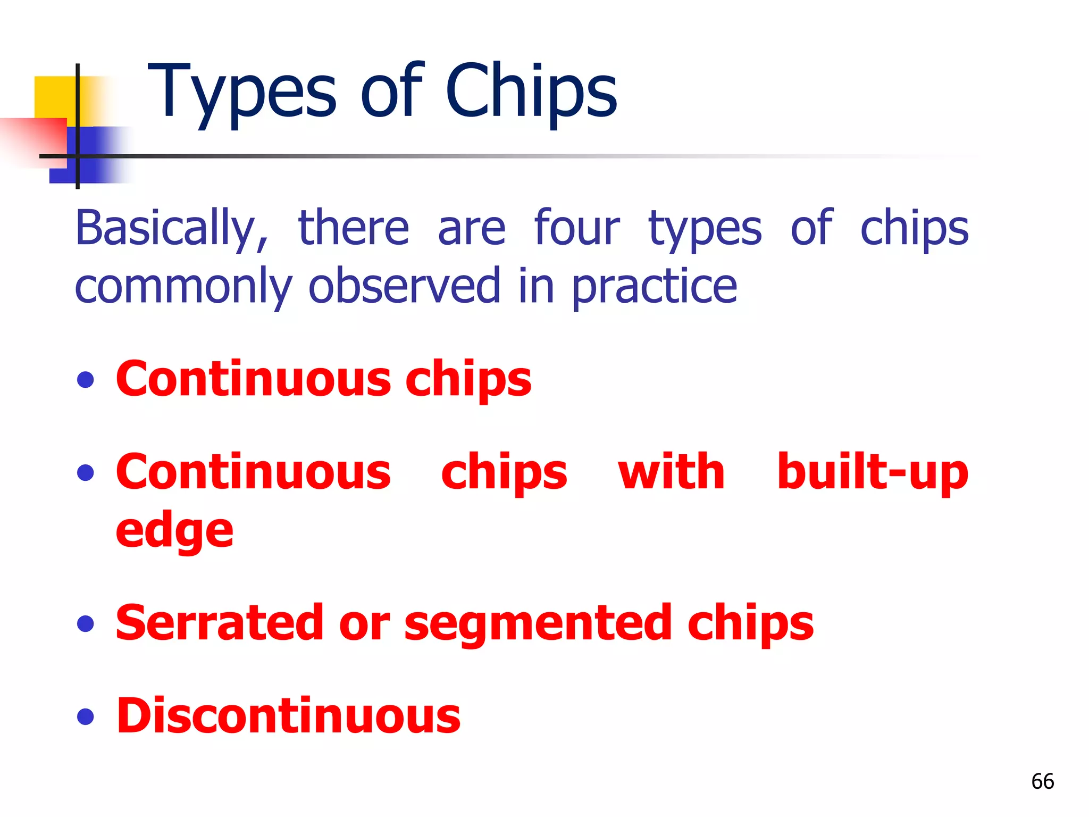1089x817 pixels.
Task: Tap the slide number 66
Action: [1042, 781]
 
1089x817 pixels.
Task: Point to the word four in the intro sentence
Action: [577, 229]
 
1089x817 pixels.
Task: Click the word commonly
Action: [183, 287]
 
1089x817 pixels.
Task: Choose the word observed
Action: [404, 287]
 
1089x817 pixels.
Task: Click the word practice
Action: [654, 287]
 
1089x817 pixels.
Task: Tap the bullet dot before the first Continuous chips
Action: [85, 380]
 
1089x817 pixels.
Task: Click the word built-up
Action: [872, 472]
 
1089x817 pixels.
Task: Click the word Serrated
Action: [219, 623]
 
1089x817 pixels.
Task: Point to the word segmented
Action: [537, 624]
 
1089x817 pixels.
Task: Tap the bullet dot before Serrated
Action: [85, 623]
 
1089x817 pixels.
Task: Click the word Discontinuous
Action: [288, 716]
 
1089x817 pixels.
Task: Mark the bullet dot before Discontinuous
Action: [85, 716]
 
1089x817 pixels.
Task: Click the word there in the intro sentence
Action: [354, 229]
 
